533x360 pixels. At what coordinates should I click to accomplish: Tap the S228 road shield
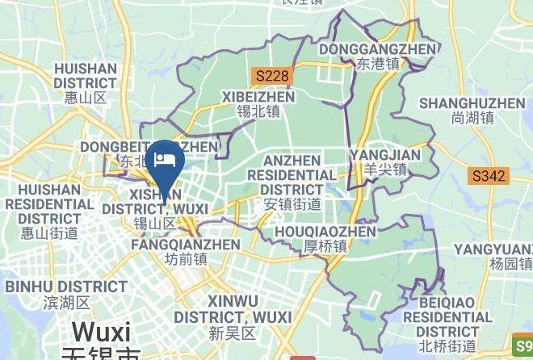click(271, 75)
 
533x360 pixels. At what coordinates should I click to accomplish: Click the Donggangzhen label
click(378, 49)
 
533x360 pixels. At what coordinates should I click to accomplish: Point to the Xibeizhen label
click(258, 97)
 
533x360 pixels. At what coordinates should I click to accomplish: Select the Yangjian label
click(384, 155)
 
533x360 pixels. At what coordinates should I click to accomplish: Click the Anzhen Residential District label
click(292, 174)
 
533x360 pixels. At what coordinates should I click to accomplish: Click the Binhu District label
click(64, 287)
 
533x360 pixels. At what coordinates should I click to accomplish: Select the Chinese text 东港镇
click(378, 65)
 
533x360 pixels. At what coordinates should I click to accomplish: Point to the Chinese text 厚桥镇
click(326, 246)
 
